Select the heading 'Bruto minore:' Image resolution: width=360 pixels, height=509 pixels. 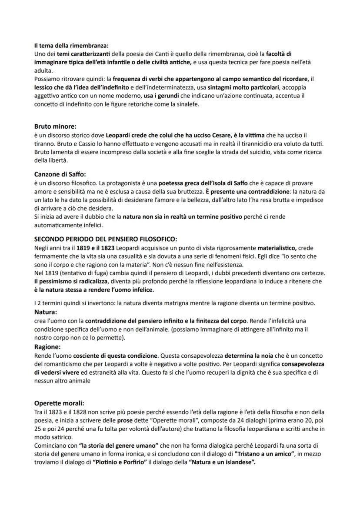point(55,126)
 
